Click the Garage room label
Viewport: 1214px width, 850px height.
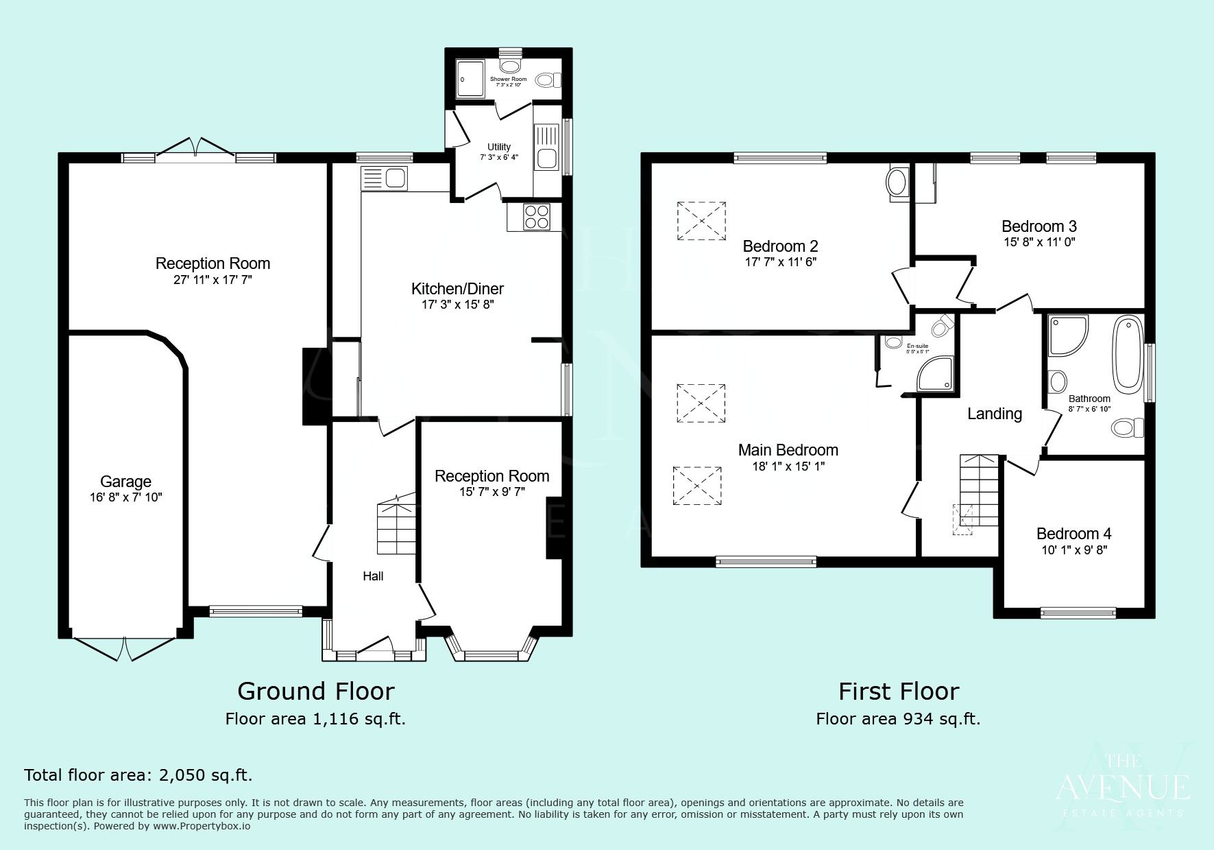[125, 482]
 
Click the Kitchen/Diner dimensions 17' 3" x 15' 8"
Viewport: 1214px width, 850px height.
[457, 305]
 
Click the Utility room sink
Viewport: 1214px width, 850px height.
[546, 158]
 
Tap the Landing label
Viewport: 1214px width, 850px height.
[994, 414]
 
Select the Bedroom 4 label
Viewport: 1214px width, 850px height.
[1073, 534]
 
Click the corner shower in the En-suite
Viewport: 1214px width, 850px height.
[936, 375]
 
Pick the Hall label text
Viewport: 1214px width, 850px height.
[373, 576]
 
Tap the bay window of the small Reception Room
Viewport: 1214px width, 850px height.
[491, 652]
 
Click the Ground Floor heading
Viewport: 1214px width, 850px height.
[315, 691]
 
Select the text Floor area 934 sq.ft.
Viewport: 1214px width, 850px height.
[898, 719]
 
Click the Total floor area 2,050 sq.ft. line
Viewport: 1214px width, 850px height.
[138, 775]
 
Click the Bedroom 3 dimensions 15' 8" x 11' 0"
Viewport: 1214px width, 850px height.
[1039, 242]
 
